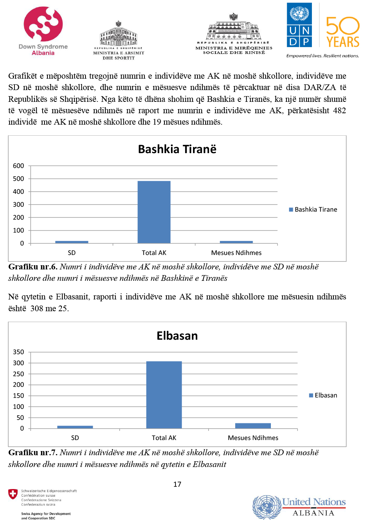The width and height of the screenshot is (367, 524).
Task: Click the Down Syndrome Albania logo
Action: [x=43, y=30]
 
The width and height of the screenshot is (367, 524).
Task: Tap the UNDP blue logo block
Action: [x=299, y=25]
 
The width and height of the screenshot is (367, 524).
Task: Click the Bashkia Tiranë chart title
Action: [x=177, y=149]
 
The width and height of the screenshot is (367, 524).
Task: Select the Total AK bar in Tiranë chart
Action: [x=154, y=212]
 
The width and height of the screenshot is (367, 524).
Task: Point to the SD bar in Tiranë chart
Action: [x=72, y=242]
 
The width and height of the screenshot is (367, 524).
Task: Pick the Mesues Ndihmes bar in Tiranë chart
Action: [x=236, y=242]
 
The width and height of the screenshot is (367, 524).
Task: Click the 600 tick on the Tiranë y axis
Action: [x=18, y=166]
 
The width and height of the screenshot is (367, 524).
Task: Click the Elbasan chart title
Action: [x=177, y=336]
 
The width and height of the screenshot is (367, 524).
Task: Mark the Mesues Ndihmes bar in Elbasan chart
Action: [x=253, y=426]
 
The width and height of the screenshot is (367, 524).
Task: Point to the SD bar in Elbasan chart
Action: [x=75, y=427]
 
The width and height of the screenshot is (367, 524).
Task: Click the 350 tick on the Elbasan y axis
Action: [x=18, y=352]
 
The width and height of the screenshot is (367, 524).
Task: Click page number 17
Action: [x=177, y=484]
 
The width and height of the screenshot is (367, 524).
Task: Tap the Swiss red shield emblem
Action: [x=13, y=494]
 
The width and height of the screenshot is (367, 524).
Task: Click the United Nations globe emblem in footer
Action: [x=267, y=507]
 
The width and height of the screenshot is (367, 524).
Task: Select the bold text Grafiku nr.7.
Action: [x=33, y=453]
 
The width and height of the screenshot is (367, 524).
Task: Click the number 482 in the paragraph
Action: [x=339, y=111]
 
